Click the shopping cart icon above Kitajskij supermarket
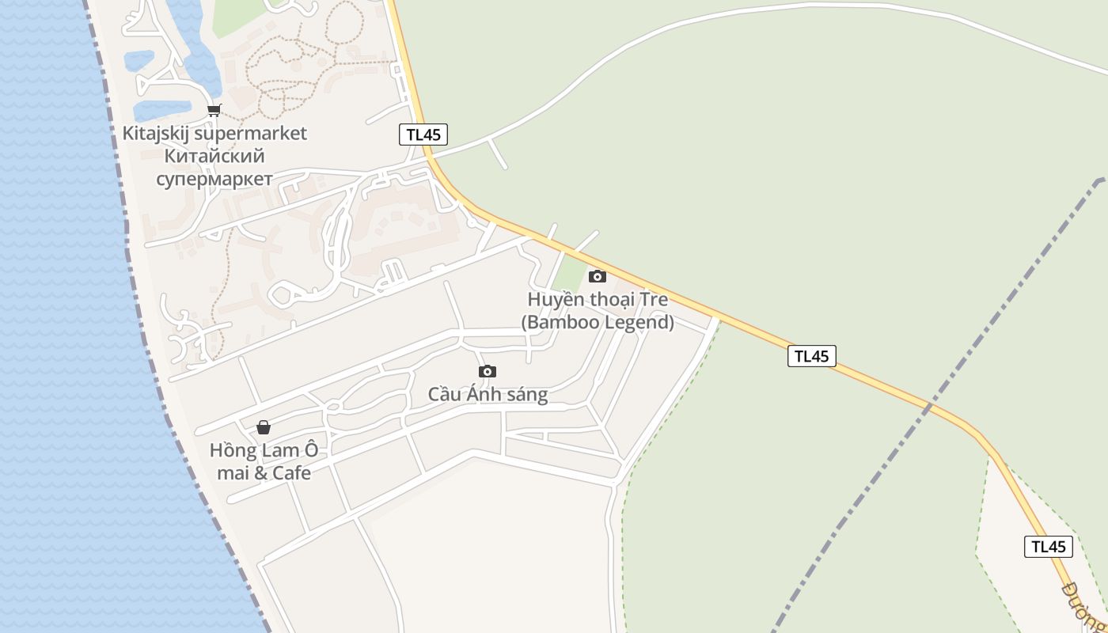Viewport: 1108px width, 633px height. (x=214, y=111)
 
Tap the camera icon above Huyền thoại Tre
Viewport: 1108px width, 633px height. (x=598, y=276)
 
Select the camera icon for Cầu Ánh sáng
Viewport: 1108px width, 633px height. (x=488, y=372)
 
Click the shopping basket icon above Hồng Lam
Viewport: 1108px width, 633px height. (x=264, y=427)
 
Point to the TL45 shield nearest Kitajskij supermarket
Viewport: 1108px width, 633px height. (x=423, y=135)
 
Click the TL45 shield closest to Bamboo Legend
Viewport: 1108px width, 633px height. (x=812, y=356)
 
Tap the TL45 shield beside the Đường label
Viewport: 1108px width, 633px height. (x=1049, y=546)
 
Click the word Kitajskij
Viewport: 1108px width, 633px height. (x=156, y=133)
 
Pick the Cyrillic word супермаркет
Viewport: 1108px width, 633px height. (x=214, y=179)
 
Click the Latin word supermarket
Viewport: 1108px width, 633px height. (x=250, y=133)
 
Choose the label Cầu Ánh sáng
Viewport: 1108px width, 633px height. (x=488, y=394)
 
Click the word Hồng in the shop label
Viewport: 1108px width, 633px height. (x=233, y=450)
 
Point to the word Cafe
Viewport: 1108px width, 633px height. (x=291, y=473)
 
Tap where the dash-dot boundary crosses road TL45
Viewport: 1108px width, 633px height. (x=931, y=406)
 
